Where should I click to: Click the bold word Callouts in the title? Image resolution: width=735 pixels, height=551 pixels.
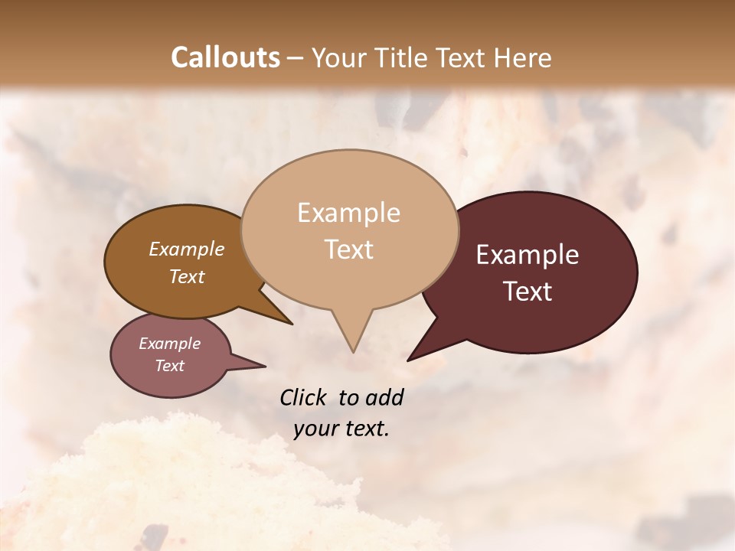[x=225, y=57]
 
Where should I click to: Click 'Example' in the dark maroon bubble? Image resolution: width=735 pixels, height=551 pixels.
[x=528, y=255]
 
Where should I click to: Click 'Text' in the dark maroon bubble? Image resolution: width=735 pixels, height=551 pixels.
[x=528, y=292]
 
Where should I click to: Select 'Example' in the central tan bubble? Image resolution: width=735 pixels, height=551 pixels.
[x=348, y=213]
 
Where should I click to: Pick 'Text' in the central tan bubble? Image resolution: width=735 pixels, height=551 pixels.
[x=349, y=249]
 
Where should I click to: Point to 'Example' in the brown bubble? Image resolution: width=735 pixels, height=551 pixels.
[x=186, y=249]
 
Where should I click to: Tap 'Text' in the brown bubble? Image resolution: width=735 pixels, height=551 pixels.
[x=187, y=276]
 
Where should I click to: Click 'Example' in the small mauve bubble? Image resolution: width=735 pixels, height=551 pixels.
[x=169, y=344]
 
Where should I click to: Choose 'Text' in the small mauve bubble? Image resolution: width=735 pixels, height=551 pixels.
[x=169, y=366]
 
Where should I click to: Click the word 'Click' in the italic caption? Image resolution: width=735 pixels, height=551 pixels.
[x=305, y=397]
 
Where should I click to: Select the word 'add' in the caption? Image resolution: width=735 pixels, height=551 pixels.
[x=384, y=397]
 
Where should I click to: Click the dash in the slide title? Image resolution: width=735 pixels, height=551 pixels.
[x=295, y=57]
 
